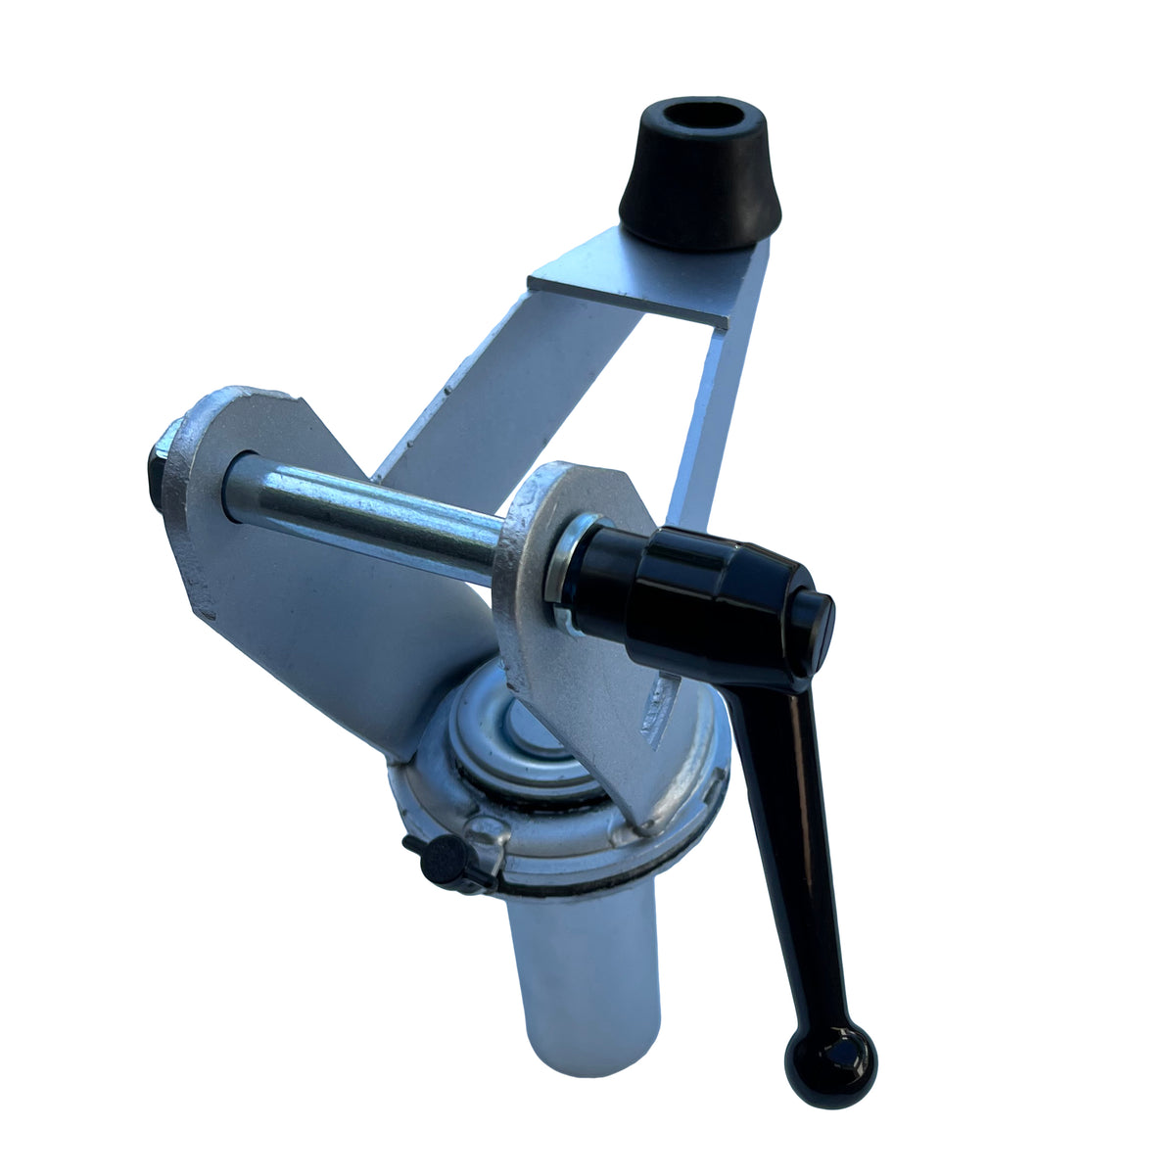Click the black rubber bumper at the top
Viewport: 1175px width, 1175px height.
click(701, 192)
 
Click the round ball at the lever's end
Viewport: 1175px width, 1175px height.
click(830, 1065)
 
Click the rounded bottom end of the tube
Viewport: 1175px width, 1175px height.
click(587, 1062)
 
